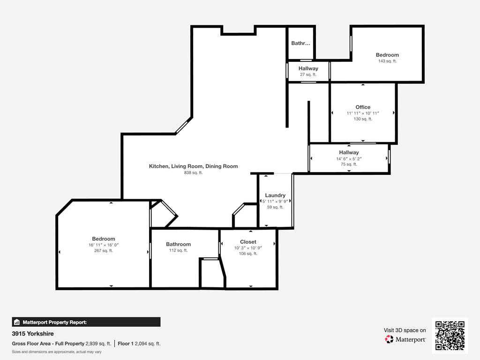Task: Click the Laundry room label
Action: click(275, 195)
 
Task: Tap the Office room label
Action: click(363, 107)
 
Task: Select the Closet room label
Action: click(248, 242)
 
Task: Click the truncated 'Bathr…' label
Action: click(300, 43)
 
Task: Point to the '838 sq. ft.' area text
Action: click(194, 172)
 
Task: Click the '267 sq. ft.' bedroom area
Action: click(104, 251)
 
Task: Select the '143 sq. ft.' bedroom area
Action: click(387, 61)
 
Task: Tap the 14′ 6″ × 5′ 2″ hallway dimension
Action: click(349, 158)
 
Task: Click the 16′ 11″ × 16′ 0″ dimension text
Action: click(104, 245)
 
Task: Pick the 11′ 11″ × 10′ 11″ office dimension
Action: click(363, 113)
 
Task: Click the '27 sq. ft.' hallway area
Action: click(308, 75)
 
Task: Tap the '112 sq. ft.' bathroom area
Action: click(178, 250)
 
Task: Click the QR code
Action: click(450, 336)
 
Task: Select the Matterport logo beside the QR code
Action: click(405, 339)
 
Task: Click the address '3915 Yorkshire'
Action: click(33, 334)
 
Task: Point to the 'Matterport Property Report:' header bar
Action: click(86, 322)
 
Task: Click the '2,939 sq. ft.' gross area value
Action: click(98, 344)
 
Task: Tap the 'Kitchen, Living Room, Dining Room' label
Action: click(194, 166)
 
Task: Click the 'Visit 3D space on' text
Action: click(405, 330)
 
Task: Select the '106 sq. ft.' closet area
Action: click(248, 254)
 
